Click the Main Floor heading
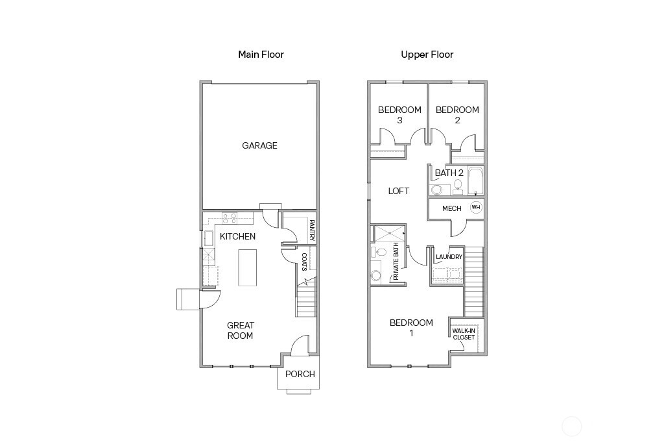(261, 55)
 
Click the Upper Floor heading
(427, 55)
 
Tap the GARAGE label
(259, 146)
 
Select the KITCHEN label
(237, 237)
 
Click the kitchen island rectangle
(248, 267)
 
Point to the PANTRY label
(311, 230)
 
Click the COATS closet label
(303, 261)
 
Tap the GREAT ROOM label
(240, 330)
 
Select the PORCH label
(300, 374)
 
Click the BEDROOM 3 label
(399, 115)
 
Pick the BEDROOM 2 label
(457, 115)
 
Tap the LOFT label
(399, 191)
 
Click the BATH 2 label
(449, 173)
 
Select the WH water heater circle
(476, 208)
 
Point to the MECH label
(451, 208)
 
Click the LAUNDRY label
(449, 257)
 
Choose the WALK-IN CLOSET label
(464, 334)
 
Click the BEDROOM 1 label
(410, 328)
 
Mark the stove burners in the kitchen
(230, 218)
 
